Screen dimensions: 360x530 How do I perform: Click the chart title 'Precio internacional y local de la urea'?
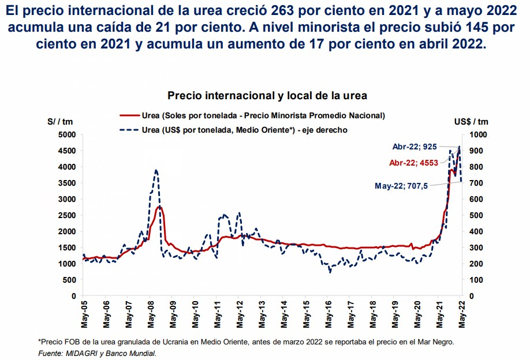pos(267,95)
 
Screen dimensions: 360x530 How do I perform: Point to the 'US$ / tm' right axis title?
pos(471,121)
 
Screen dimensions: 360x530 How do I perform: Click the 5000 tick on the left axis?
pos(67,134)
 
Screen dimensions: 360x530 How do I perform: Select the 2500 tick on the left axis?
pos(67,215)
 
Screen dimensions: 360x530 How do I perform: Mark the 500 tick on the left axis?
pos(69,280)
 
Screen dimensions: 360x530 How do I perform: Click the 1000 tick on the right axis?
pos(480,134)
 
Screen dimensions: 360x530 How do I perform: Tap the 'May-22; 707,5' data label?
pos(400,186)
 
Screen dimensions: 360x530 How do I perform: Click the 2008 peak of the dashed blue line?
pos(156,171)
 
